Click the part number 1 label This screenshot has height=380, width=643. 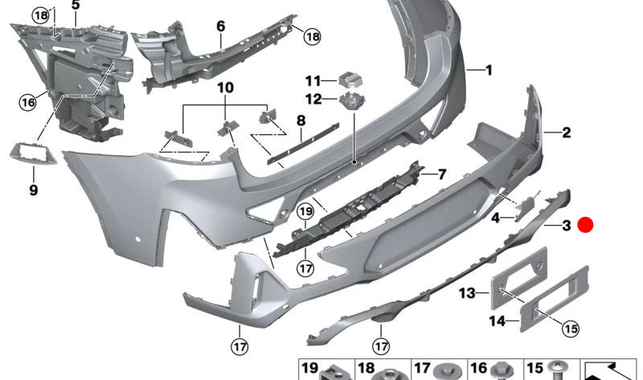pos(487,71)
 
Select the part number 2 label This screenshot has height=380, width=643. pos(566,133)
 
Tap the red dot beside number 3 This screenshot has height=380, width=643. pos(587,227)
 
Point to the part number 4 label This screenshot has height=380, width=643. pos(496,217)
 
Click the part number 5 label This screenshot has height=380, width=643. pos(76,5)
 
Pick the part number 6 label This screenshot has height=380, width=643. pos(220,26)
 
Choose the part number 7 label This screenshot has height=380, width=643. pos(440,174)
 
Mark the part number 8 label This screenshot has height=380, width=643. pos(301,121)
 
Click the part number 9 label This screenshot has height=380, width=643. pos(33,190)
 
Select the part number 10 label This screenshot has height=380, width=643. pos(224,87)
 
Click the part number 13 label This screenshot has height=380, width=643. pos(467,294)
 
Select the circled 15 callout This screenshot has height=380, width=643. pos(569,328)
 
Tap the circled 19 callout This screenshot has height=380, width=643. pos(305,212)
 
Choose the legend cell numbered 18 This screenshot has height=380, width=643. pos(383,369)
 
